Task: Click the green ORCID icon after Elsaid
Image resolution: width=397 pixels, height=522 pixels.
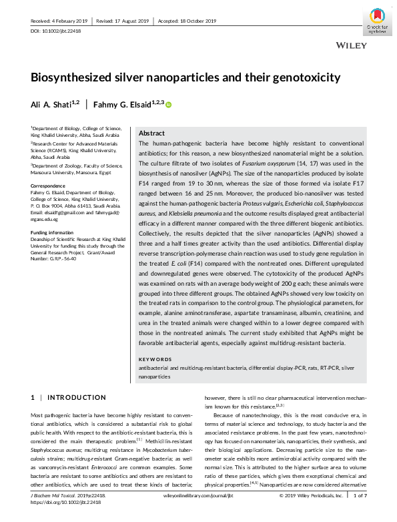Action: point(169,104)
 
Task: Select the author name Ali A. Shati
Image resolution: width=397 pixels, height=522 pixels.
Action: point(55,103)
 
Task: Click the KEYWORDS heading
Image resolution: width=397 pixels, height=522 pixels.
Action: point(154,359)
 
